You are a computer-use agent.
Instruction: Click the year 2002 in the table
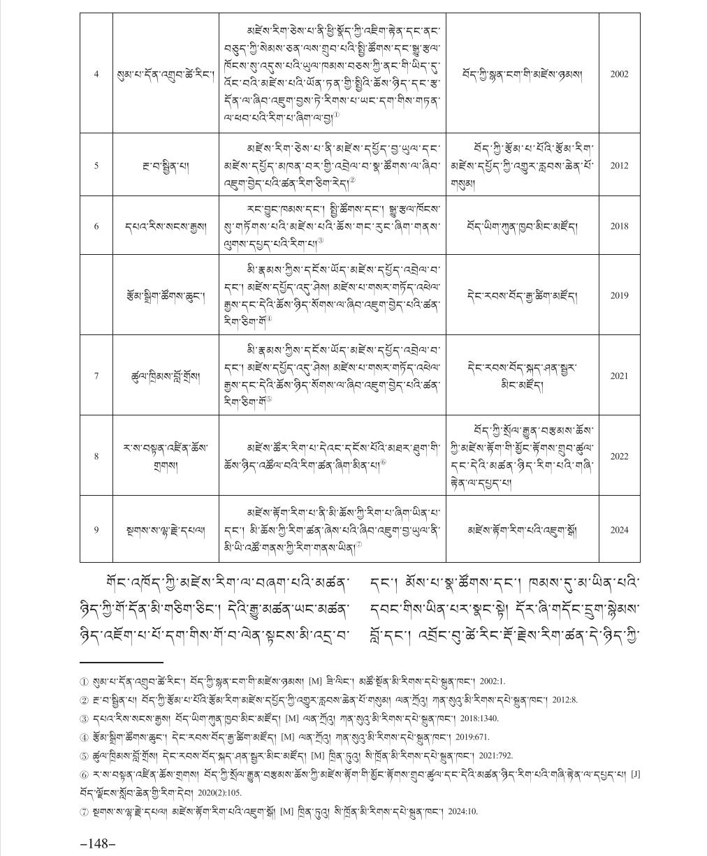coord(619,73)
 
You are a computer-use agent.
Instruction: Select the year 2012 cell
coord(619,165)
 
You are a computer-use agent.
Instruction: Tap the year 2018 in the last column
coord(619,226)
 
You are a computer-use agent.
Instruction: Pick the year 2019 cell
coord(619,295)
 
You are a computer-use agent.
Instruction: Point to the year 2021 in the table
coord(619,376)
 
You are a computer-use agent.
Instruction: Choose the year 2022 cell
coord(619,456)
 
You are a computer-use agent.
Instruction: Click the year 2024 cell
coord(619,530)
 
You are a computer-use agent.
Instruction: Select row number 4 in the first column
coord(96,73)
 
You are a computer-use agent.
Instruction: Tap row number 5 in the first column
coord(96,165)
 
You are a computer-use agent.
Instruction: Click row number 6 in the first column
coord(96,226)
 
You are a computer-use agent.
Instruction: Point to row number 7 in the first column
coord(96,376)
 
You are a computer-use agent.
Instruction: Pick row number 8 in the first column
coord(96,456)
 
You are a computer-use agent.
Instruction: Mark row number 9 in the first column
coord(96,530)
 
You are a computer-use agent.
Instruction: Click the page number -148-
coord(98,843)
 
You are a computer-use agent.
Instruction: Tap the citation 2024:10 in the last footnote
coord(462,811)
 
